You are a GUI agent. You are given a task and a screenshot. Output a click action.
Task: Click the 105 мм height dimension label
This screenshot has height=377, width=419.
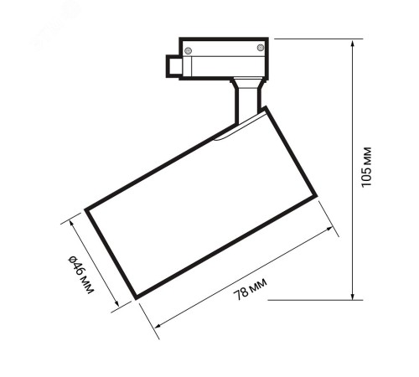(x=366, y=167)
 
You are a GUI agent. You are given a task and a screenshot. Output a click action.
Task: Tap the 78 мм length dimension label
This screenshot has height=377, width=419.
(x=250, y=289)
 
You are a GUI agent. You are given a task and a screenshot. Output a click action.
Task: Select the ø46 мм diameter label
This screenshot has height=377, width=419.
(x=80, y=275)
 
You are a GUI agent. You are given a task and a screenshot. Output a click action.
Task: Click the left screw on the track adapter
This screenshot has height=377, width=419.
(x=189, y=51)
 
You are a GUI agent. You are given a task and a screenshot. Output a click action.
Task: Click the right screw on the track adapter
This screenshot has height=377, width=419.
(x=260, y=48)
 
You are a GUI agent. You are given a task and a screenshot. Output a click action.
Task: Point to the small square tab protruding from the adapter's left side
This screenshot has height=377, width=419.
(x=173, y=66)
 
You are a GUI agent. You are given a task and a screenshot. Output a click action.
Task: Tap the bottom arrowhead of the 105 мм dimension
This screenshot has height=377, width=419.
(x=353, y=297)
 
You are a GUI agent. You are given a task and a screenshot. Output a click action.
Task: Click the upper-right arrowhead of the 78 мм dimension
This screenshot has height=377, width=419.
(x=329, y=229)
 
